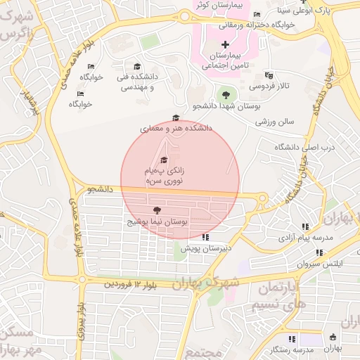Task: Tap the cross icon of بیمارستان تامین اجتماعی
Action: [x=225, y=44]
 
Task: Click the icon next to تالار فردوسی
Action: [x=268, y=75]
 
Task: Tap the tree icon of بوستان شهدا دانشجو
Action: [x=225, y=94]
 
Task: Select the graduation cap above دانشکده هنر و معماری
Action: [x=175, y=118]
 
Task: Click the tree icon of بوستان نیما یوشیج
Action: [x=157, y=210]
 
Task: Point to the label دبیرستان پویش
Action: [x=200, y=248]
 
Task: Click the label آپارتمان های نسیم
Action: [x=276, y=296]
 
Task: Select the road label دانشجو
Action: [x=100, y=189]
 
